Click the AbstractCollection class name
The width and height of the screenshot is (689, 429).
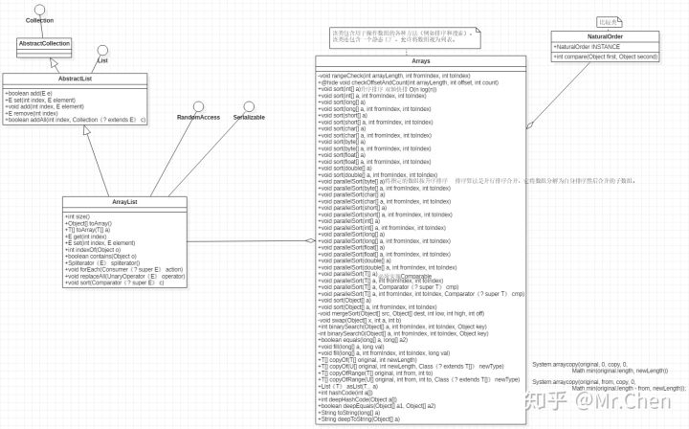pos(44,43)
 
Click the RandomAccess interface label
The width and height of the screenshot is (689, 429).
pos(199,117)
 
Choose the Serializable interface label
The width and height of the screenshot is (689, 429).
pos(248,117)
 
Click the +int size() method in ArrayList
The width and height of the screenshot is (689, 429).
pos(79,216)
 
